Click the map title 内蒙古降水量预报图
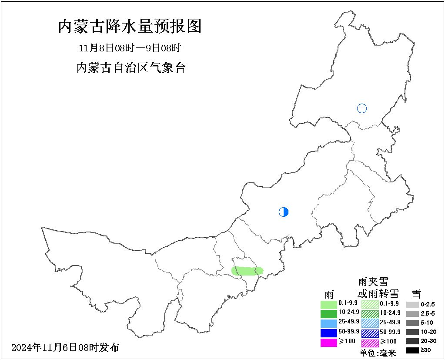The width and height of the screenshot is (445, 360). pos(130,27)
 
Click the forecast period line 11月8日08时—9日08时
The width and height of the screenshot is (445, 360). pos(130,47)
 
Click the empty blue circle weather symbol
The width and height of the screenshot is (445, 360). pos(362,108)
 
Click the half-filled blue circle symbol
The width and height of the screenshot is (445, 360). pos(284,212)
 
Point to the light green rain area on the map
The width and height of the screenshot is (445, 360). pos(247,271)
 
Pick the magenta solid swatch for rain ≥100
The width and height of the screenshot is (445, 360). pos(328,343)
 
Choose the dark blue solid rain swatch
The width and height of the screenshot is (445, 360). pos(328,333)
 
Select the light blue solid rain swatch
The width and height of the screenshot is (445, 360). pos(328,323)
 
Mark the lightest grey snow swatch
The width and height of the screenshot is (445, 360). pos(412,304)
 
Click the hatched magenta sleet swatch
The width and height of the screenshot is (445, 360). pos(370,343)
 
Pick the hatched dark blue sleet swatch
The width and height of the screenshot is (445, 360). pos(370,333)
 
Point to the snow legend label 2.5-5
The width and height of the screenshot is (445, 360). pos(428,313)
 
